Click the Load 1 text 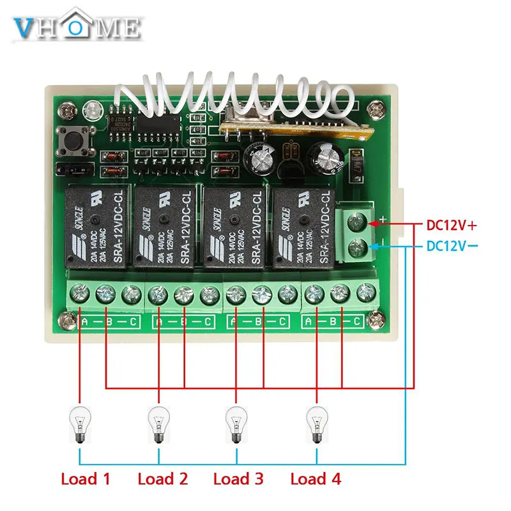coord(87,478)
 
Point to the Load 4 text coord(316,478)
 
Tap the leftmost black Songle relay coord(96,227)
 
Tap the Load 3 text coord(239,478)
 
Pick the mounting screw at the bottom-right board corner coord(375,319)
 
